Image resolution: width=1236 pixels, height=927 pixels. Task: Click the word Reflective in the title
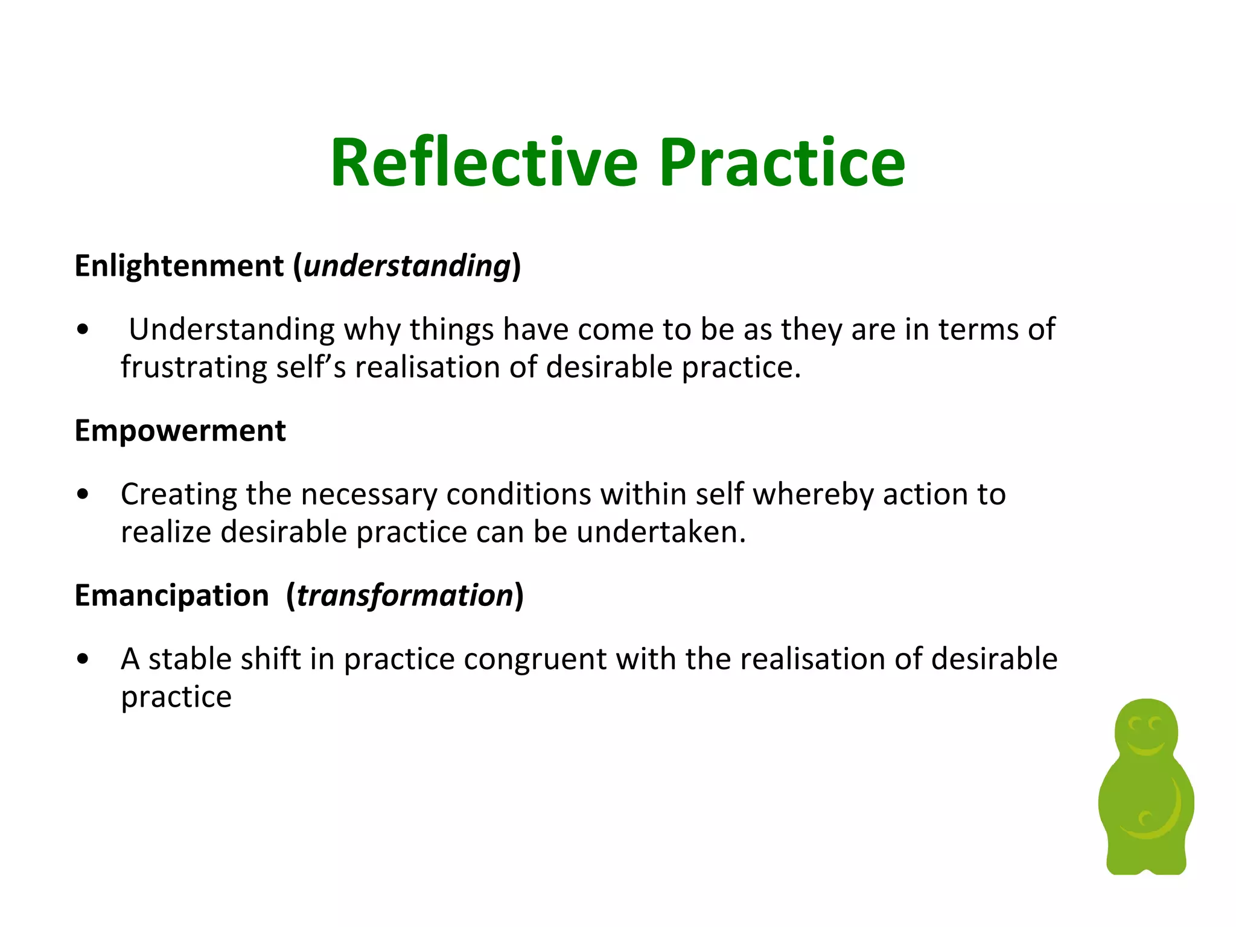483,163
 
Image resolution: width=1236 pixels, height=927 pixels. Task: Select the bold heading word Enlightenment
179,266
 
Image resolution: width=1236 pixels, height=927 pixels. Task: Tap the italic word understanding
407,266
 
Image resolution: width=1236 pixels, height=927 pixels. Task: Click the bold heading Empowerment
180,431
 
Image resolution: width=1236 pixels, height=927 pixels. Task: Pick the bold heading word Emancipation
171,596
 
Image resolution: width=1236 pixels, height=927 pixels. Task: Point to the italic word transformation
404,596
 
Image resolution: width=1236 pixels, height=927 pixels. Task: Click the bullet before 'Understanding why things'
83,330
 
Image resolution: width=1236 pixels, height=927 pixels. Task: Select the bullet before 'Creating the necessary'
83,495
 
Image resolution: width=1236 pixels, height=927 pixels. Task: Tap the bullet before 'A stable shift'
83,660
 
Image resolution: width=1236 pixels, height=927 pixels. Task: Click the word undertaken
660,532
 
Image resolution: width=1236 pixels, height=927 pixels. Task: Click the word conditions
518,494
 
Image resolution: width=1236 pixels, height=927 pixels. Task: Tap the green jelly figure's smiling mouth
1145,748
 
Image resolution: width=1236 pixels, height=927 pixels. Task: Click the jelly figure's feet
1146,863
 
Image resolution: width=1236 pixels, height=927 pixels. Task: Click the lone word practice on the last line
176,697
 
